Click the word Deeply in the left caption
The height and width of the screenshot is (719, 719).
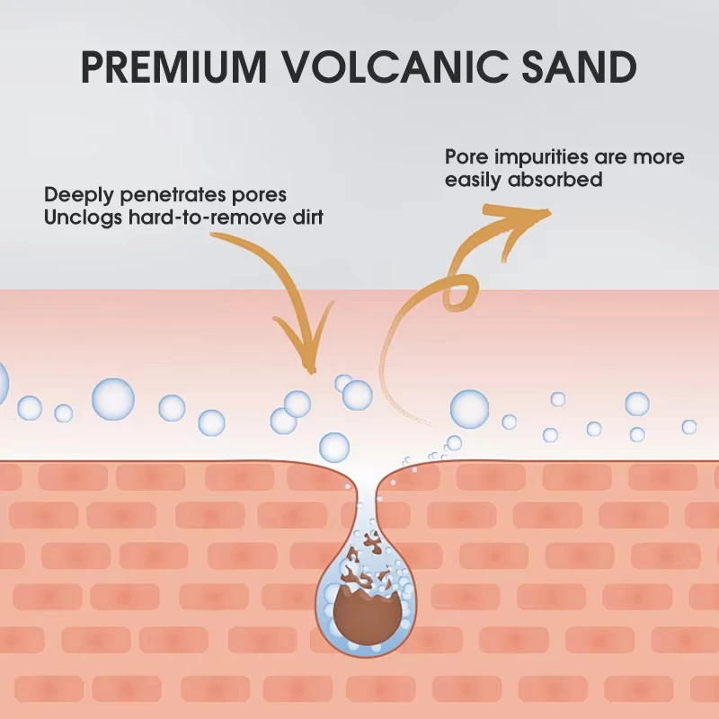tap(75, 194)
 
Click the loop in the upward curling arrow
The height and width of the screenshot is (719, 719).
tap(455, 290)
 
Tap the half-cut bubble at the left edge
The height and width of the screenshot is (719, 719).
tap(3, 383)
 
